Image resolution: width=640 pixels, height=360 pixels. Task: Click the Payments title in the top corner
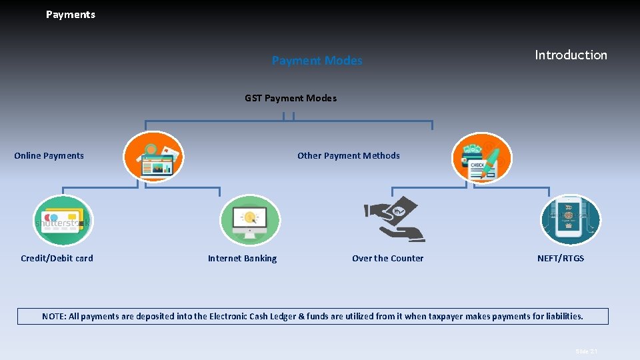71,15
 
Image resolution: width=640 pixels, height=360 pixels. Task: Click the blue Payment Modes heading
317,61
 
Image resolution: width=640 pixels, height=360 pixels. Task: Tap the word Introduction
571,55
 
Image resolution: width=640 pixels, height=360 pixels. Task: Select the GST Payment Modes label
291,98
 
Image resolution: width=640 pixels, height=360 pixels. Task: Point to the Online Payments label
49,156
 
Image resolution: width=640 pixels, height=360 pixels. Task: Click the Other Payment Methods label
349,156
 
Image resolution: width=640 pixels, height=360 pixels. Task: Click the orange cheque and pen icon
482,157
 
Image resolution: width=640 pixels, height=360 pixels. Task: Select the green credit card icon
62,221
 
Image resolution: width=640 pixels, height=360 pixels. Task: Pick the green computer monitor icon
249,221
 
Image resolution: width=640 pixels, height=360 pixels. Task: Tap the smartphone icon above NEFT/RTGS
570,220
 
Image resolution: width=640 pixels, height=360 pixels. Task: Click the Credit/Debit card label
57,259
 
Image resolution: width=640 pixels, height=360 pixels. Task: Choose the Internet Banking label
242,259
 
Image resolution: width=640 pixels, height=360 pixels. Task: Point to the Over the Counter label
387,259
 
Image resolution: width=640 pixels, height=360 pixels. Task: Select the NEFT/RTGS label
561,259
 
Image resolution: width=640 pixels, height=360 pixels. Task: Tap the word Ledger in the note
287,317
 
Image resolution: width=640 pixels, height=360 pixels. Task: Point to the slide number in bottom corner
587,351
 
